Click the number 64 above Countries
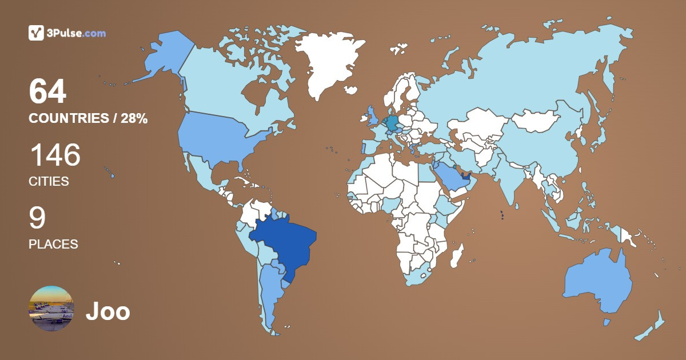click(x=47, y=92)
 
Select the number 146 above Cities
click(x=54, y=155)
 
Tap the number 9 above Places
click(x=37, y=218)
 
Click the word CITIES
click(x=49, y=182)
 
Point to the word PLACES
click(x=53, y=244)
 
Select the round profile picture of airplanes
click(x=51, y=309)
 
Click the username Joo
click(x=107, y=312)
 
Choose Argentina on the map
click(x=269, y=291)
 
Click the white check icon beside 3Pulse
click(x=36, y=33)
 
